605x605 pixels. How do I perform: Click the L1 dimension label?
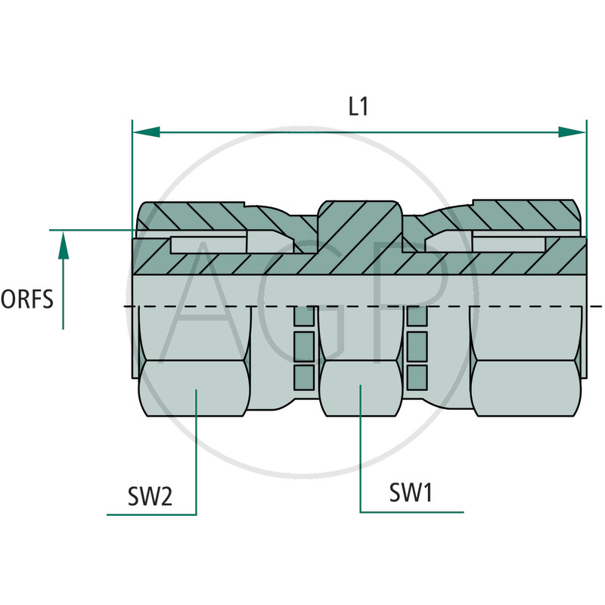tap(358, 107)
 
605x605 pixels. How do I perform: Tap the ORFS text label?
tap(27, 299)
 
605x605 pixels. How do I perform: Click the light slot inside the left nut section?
tap(208, 244)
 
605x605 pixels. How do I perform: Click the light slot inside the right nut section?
tap(508, 244)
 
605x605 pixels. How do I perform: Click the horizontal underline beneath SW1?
tap(411, 512)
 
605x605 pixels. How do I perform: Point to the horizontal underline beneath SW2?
tap(151, 515)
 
